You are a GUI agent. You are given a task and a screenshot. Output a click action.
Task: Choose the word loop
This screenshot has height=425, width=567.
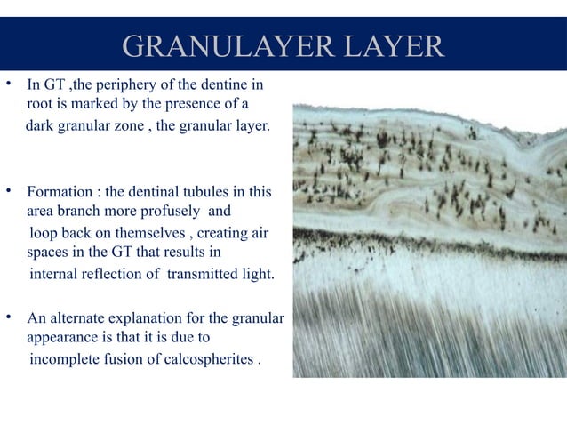point(45,234)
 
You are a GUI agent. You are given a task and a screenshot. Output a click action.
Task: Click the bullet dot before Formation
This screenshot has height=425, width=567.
point(8,190)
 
